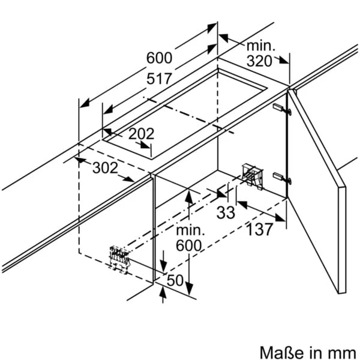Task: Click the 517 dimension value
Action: [159, 79]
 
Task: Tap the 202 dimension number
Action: [141, 134]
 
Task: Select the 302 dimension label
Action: [105, 167]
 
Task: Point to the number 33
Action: [226, 212]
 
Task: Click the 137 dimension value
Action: [260, 229]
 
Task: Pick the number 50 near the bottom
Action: [175, 280]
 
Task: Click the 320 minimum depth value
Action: [259, 61]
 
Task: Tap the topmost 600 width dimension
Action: [159, 58]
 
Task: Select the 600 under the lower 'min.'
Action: [189, 245]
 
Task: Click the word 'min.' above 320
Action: [260, 46]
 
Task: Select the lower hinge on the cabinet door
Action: [282, 178]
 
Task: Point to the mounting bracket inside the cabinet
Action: [252, 176]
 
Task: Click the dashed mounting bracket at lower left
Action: [119, 260]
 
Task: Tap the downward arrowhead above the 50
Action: [163, 267]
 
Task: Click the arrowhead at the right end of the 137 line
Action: [281, 218]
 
